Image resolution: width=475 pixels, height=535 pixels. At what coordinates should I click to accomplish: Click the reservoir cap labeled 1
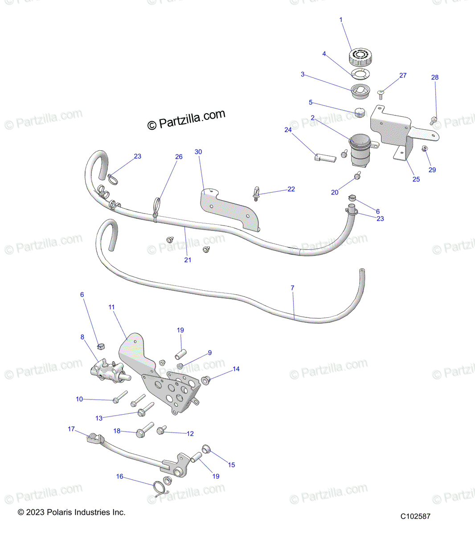point(359,57)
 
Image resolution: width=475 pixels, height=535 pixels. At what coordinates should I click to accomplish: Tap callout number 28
point(435,77)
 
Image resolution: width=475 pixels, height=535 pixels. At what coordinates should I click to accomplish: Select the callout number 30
point(198,152)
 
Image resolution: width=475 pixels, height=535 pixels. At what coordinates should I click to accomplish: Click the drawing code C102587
point(415,516)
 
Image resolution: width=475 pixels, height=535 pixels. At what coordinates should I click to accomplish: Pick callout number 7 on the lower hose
point(292,288)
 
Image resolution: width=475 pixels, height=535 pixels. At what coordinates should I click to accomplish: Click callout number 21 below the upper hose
point(188,259)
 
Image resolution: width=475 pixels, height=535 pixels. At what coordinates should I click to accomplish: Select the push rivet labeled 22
point(257,193)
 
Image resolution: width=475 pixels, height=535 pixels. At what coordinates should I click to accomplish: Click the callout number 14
point(236,369)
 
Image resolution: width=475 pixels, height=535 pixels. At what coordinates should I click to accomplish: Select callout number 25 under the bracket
point(416,179)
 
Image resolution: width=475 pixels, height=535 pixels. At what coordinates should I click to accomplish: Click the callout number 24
point(288,130)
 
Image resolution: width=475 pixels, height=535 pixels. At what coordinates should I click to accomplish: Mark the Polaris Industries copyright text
point(72,513)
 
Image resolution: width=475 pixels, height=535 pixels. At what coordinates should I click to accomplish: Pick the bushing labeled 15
point(206,449)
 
